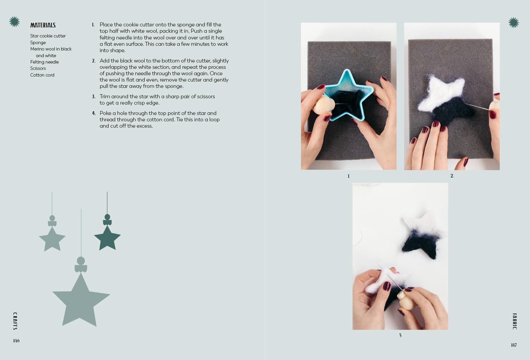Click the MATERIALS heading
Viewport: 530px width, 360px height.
click(x=43, y=25)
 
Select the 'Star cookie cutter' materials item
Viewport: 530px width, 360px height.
click(x=48, y=36)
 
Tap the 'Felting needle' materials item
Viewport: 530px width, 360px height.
click(x=44, y=62)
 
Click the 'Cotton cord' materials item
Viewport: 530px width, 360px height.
click(x=42, y=75)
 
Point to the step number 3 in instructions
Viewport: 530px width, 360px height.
click(x=94, y=97)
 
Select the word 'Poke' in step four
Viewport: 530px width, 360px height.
click(x=105, y=113)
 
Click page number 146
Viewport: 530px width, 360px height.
click(x=16, y=341)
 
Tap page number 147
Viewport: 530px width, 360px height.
click(x=514, y=345)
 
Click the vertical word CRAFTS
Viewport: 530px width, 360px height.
click(x=15, y=321)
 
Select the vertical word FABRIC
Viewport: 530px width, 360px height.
click(x=514, y=322)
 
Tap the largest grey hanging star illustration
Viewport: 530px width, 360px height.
click(x=81, y=301)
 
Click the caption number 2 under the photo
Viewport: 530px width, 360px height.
click(x=452, y=176)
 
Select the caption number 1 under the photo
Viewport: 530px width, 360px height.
click(x=348, y=176)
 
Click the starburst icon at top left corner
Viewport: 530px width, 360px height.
click(x=14, y=22)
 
